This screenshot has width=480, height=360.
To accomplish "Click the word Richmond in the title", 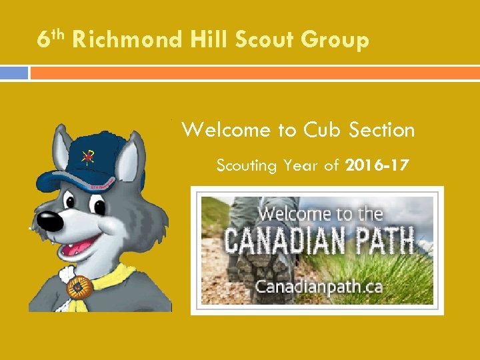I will coord(126,41).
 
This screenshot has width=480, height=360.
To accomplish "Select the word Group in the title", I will coord(335,41).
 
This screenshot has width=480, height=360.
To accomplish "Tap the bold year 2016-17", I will coord(378,165).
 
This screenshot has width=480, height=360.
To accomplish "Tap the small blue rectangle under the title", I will coord(14,73).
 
